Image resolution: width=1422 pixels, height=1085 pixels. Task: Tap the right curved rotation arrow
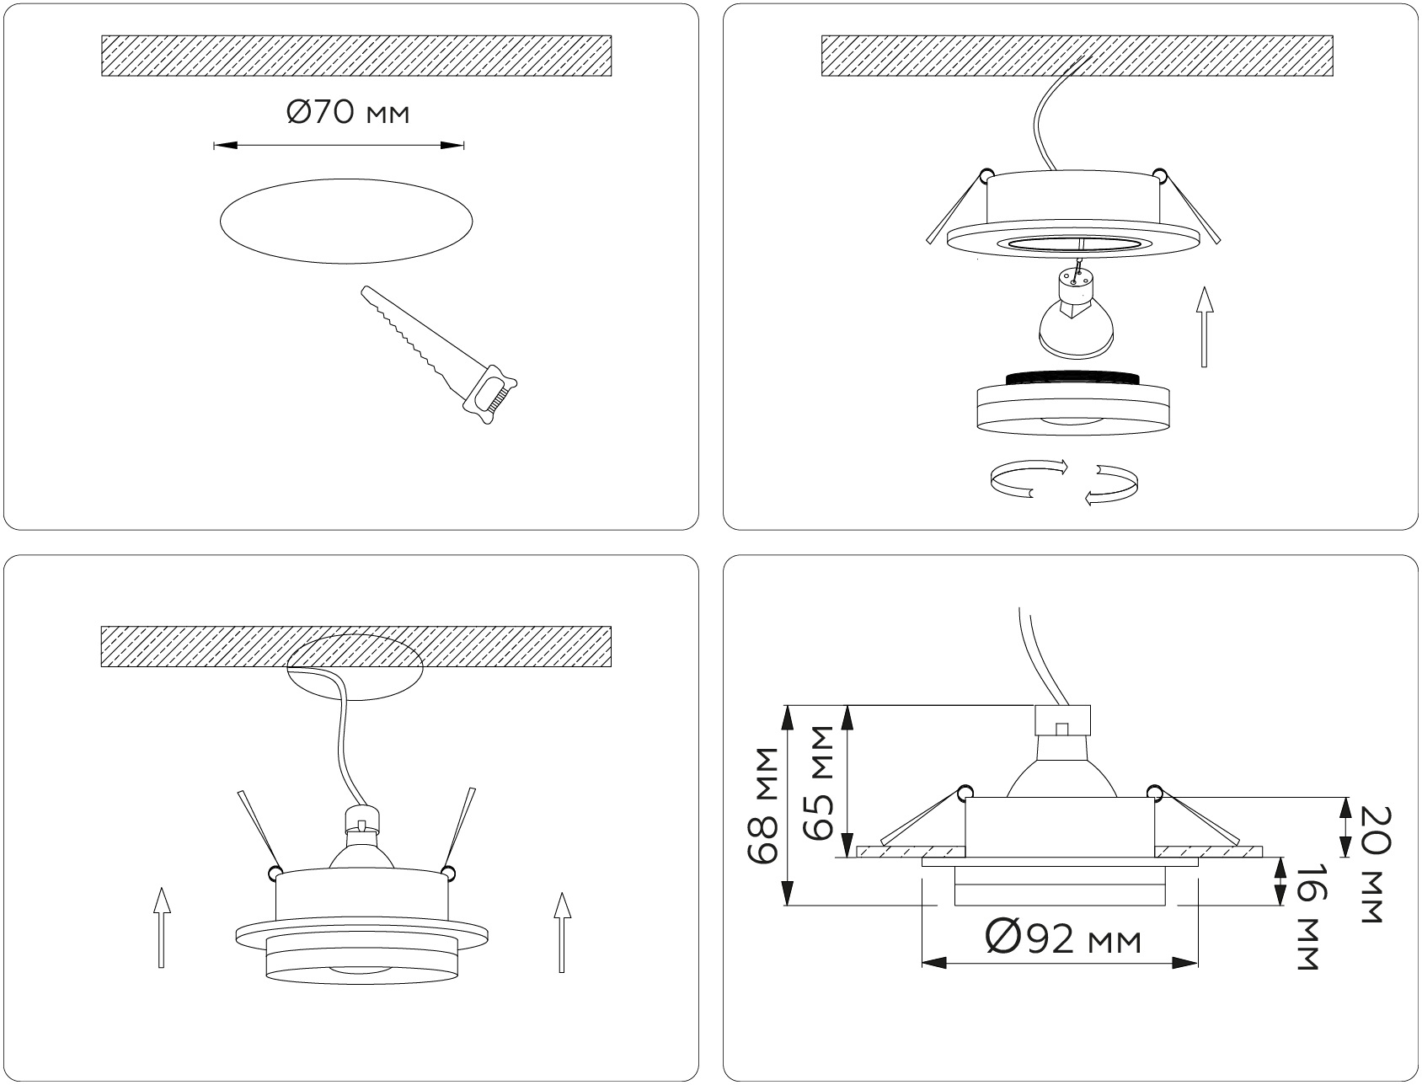click(1111, 485)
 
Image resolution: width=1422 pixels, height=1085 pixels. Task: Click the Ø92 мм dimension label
click(1063, 938)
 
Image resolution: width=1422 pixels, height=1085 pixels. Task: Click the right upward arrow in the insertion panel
click(562, 933)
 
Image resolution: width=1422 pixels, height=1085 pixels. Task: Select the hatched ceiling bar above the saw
click(355, 56)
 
